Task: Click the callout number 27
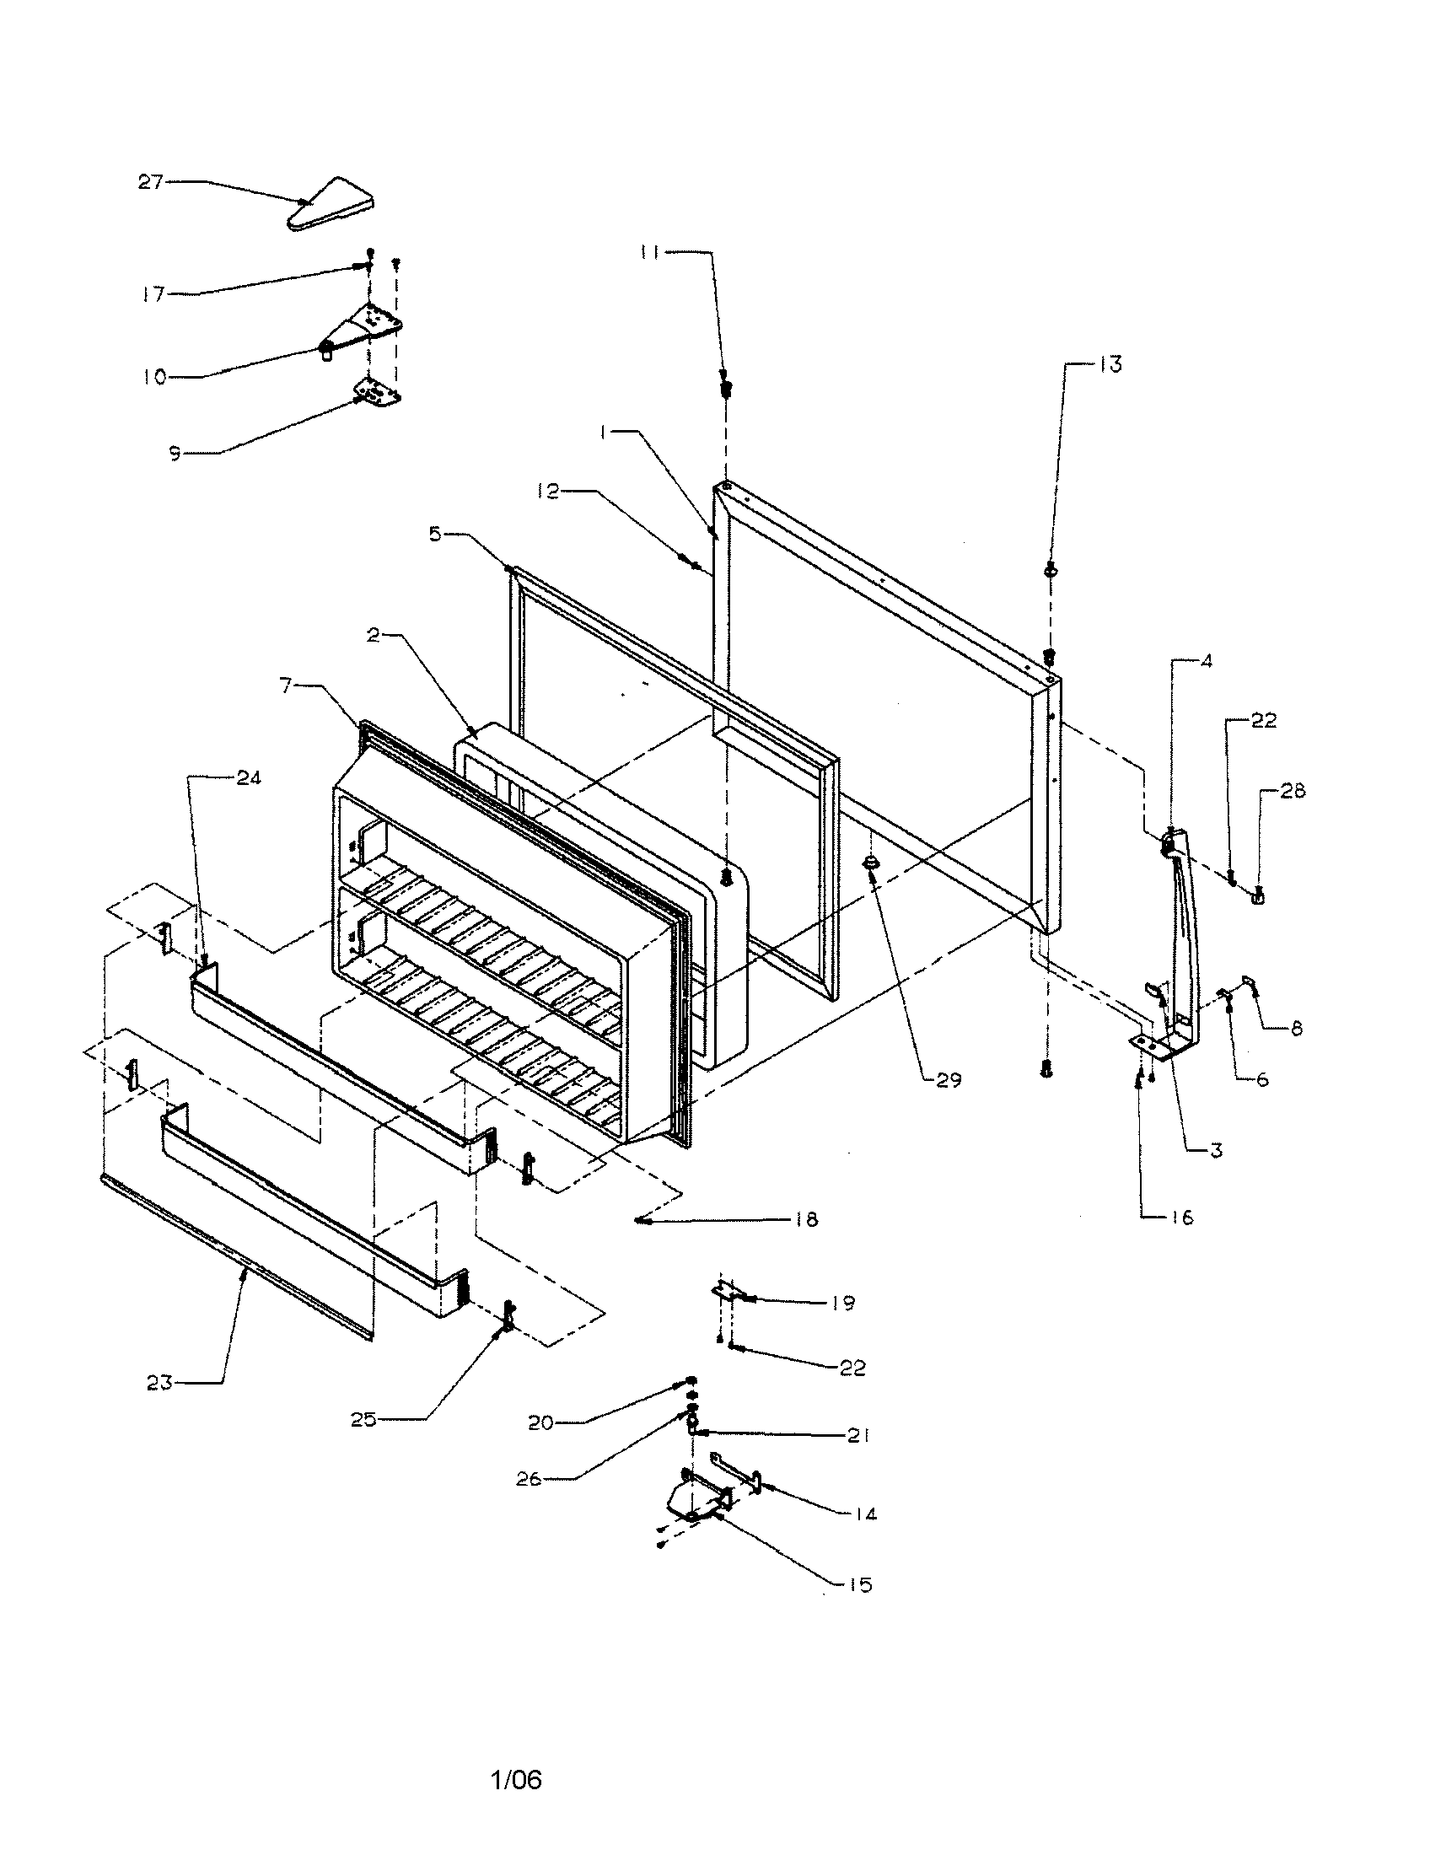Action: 150,182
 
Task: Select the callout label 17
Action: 153,296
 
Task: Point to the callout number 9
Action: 175,454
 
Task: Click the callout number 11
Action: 649,252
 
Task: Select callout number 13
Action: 1110,365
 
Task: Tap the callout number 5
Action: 435,535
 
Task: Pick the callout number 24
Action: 249,777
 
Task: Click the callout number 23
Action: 159,1383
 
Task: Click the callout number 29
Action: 949,1080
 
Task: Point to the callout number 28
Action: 1293,792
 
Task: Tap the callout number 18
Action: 806,1220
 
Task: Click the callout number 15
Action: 860,1585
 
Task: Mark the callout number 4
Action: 1207,661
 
